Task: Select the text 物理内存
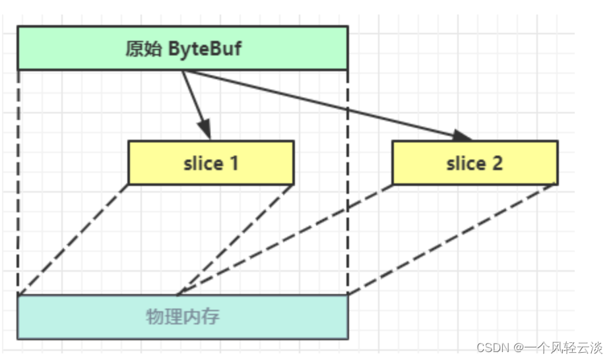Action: click(x=183, y=316)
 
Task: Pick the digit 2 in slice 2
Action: click(x=496, y=163)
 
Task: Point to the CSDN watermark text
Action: click(x=490, y=347)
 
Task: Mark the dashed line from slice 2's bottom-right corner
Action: click(x=453, y=239)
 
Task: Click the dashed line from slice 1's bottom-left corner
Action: click(x=73, y=239)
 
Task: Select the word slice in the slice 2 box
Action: click(x=465, y=163)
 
